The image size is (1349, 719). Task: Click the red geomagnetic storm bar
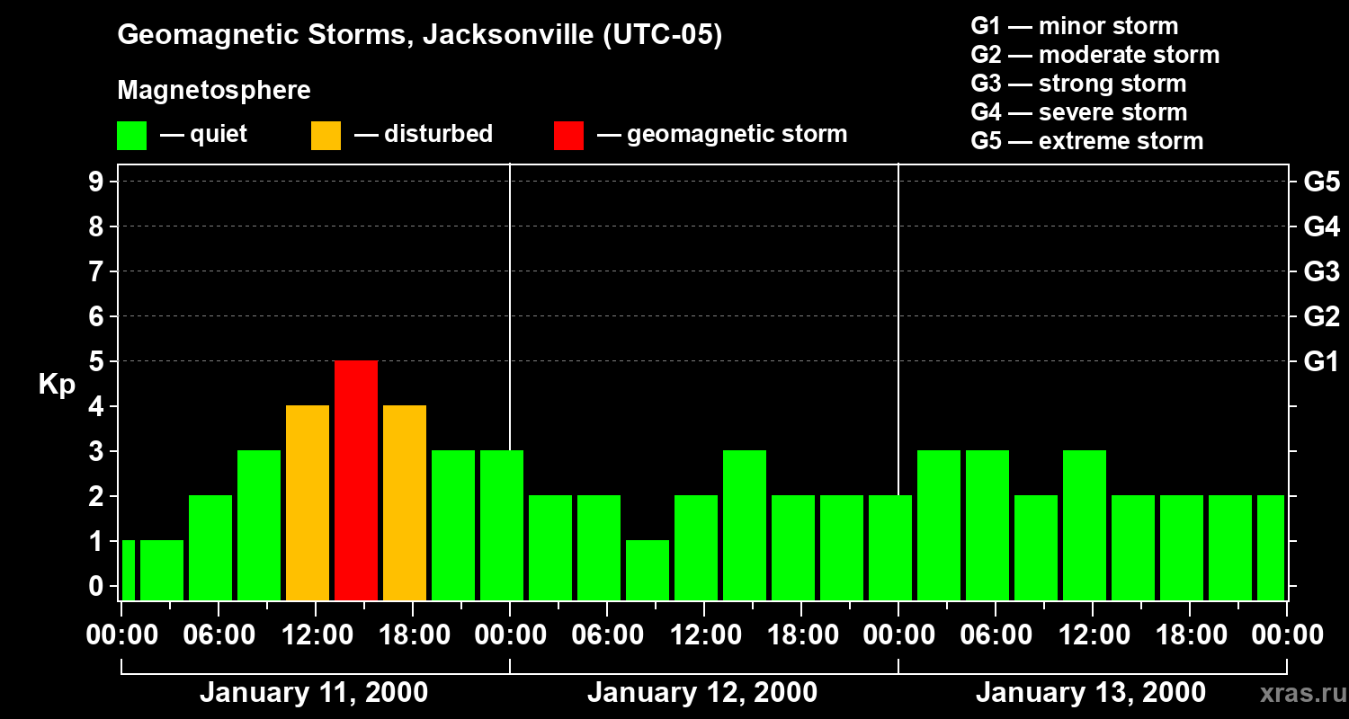[x=356, y=480]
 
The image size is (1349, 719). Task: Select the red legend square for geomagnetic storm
[x=568, y=135]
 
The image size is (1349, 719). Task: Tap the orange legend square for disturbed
[x=326, y=135]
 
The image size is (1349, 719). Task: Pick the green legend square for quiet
[x=131, y=135]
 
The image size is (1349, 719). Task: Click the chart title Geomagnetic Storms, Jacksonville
[x=419, y=36]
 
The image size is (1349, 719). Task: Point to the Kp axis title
[x=57, y=385]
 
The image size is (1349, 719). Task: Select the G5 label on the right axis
[x=1321, y=182]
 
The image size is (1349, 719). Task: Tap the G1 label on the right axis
[x=1321, y=361]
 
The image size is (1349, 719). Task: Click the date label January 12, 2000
[x=701, y=693]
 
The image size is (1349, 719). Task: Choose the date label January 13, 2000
[x=1090, y=693]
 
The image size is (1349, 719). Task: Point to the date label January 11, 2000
[x=313, y=693]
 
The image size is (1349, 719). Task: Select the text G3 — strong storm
[x=1078, y=84]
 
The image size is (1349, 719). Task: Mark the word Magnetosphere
[x=214, y=91]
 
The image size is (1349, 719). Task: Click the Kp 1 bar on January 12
[x=648, y=570]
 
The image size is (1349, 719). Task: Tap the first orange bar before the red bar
[x=308, y=502]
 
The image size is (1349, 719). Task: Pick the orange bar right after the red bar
[x=405, y=502]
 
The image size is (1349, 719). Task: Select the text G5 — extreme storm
[x=1086, y=141]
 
